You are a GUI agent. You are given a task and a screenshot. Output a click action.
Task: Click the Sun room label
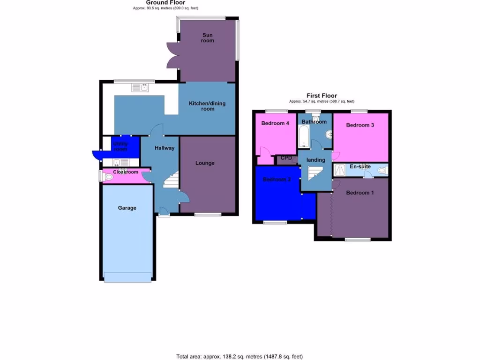tap(208, 38)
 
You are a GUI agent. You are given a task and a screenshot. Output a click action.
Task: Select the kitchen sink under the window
tap(140, 87)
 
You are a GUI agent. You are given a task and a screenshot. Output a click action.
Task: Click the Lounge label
tap(205, 163)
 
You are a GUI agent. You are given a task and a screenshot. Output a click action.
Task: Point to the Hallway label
tap(165, 148)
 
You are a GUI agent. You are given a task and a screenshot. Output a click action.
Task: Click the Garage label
tap(127, 208)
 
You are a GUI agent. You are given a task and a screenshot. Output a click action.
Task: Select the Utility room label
tap(120, 146)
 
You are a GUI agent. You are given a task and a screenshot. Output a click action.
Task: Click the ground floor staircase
tap(171, 180)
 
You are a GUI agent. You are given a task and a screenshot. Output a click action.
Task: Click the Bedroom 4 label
tap(275, 123)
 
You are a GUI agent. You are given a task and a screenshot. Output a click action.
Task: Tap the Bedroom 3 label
tap(360, 125)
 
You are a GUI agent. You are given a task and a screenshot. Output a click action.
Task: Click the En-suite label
tap(360, 166)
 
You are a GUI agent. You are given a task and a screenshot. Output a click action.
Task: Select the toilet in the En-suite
tap(382, 170)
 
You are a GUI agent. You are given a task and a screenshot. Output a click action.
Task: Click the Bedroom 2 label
tap(277, 180)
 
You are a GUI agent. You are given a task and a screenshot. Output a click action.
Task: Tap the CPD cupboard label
tap(286, 158)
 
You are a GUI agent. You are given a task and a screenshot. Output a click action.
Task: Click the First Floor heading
tap(322, 96)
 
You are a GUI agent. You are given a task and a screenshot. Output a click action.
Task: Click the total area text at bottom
tap(243, 357)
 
